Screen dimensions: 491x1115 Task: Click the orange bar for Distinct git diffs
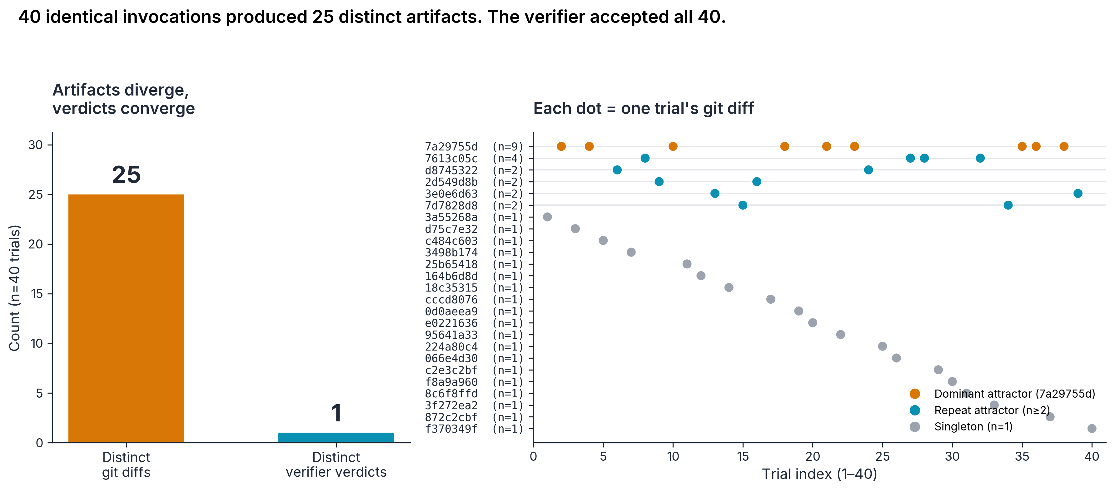126,318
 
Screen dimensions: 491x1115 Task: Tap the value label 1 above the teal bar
336,413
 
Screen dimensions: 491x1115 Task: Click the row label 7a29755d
451,147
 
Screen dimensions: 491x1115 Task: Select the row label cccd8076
451,299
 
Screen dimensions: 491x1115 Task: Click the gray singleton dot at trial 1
547,217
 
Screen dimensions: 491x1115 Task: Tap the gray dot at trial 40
1092,428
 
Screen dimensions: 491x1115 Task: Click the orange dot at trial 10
673,146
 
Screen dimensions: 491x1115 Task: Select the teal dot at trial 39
1078,193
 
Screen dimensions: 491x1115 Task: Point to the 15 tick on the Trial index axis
743,456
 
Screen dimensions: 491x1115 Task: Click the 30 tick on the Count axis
36,145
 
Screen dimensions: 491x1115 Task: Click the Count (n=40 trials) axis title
15,288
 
